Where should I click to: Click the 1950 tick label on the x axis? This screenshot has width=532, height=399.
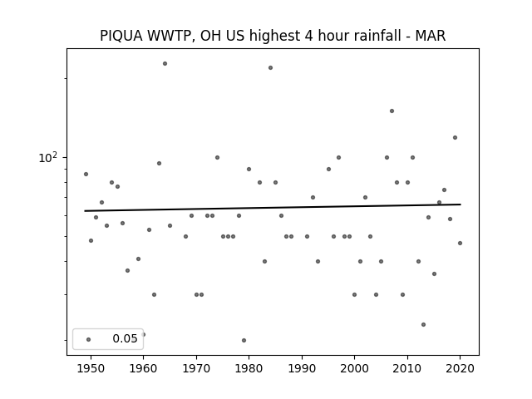(x=91, y=368)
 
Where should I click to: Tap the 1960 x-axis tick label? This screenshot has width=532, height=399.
(x=143, y=368)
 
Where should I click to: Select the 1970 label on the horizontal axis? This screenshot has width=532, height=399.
(x=196, y=368)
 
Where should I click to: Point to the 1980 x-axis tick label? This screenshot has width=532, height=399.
(x=249, y=368)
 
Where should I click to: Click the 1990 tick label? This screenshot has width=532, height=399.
(x=302, y=368)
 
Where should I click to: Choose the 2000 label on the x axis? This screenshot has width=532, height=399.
(x=355, y=368)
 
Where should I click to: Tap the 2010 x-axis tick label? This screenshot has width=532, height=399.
(x=407, y=368)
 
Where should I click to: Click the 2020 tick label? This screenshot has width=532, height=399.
(x=460, y=368)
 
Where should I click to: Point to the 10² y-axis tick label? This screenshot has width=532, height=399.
(x=48, y=157)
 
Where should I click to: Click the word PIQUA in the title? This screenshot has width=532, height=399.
(x=121, y=36)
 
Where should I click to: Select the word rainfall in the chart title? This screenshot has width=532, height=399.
(x=380, y=36)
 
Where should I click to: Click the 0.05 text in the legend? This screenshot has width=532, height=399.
(x=125, y=338)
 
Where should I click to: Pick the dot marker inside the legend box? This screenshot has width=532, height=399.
(x=89, y=339)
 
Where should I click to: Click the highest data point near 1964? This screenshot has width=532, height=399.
(x=165, y=63)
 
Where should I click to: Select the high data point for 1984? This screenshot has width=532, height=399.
(x=270, y=68)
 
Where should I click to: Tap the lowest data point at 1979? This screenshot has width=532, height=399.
(x=244, y=340)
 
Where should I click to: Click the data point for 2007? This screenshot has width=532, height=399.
(x=392, y=111)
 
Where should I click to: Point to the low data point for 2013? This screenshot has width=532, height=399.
(x=423, y=325)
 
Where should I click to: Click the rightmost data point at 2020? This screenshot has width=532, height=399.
(x=460, y=243)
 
